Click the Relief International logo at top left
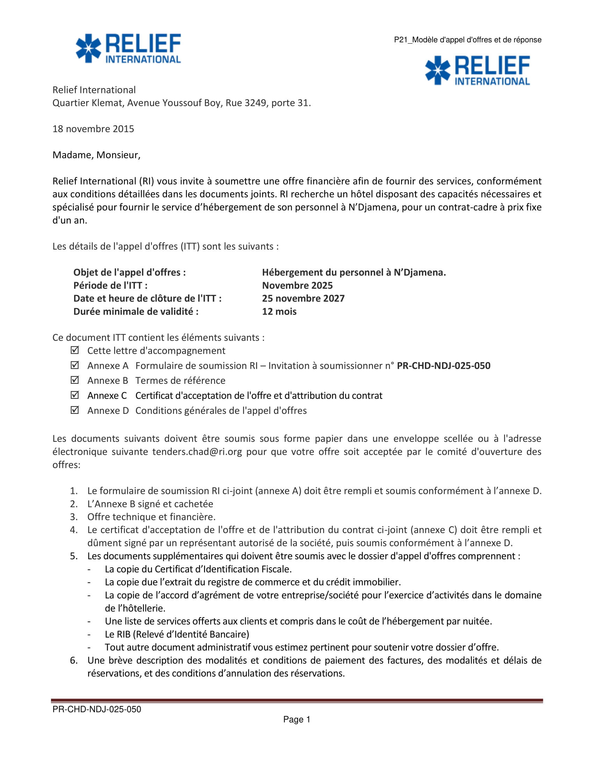128,48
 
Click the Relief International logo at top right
477,70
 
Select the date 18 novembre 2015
93,129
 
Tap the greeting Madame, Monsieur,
96,155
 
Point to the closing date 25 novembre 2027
303,298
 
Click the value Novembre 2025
297,285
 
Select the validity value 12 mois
279,311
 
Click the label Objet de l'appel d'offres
130,272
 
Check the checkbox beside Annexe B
75,380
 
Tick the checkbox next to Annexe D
75,410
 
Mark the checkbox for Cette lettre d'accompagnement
75,350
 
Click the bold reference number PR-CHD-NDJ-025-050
443,366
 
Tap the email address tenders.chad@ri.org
197,451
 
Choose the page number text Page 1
297,719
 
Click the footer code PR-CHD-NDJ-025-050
97,709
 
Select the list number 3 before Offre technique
73,517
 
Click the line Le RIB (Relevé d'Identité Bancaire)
177,634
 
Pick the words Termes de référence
180,380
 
